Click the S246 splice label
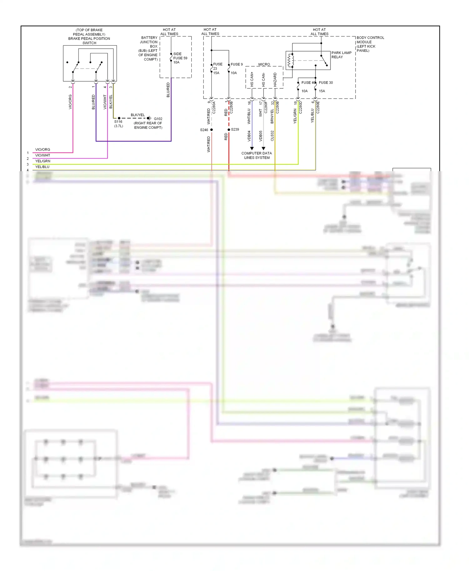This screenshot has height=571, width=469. (204, 130)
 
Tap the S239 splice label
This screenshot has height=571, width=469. (235, 129)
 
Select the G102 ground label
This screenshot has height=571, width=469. (158, 119)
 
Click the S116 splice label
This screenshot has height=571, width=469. (118, 122)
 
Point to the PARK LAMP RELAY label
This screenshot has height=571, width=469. (341, 55)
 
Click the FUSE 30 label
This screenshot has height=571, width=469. (326, 83)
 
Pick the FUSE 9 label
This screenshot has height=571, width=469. (237, 64)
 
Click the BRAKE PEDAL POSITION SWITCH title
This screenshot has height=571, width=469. (89, 41)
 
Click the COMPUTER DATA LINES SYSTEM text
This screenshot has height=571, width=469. (257, 156)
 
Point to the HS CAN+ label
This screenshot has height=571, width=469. (252, 80)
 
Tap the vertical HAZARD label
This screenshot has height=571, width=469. (275, 80)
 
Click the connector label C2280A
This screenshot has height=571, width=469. (214, 107)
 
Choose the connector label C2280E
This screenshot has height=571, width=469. (318, 107)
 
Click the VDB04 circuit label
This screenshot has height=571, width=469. (249, 136)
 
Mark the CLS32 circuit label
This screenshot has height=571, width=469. (272, 136)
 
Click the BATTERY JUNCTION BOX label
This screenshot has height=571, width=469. (149, 42)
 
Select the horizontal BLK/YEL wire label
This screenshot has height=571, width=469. (138, 115)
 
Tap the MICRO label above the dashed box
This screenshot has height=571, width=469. (264, 64)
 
